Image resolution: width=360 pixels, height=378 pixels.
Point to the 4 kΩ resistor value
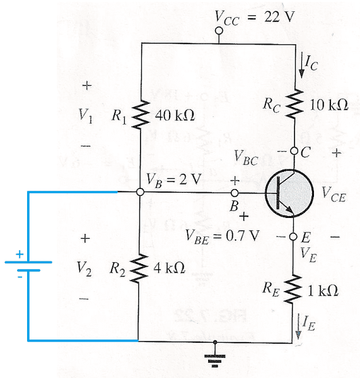[169, 268]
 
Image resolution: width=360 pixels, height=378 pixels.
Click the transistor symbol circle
[287, 194]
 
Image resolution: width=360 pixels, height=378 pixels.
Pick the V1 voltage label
[87, 116]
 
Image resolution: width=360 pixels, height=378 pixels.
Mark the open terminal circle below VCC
[219, 31]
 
